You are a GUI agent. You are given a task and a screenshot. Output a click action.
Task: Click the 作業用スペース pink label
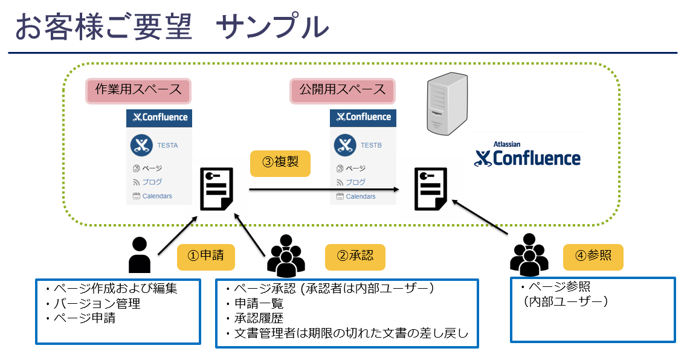pyautogui.click(x=138, y=91)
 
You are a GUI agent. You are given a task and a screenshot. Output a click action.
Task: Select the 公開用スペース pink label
pyautogui.click(x=343, y=91)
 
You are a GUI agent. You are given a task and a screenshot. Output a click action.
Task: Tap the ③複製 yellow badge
pyautogui.click(x=280, y=164)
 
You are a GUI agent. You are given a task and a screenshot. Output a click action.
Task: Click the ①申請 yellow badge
pyautogui.click(x=206, y=257)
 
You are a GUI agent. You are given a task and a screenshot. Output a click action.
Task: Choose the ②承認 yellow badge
pyautogui.click(x=355, y=257)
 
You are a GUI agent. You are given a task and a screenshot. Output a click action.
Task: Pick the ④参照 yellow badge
pyautogui.click(x=593, y=257)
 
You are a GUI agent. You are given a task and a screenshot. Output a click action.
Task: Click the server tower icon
pyautogui.click(x=447, y=103)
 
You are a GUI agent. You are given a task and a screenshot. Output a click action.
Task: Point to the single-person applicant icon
pyautogui.click(x=140, y=255)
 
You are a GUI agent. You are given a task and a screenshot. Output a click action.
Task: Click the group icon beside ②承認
pyautogui.click(x=286, y=256)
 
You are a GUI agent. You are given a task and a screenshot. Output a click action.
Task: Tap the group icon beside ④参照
pyautogui.click(x=529, y=254)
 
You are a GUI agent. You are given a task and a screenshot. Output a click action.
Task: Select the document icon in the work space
pyautogui.click(x=216, y=189)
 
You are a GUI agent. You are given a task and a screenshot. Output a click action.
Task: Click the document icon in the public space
pyautogui.click(x=431, y=189)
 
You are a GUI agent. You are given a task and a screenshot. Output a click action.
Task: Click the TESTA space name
pyautogui.click(x=167, y=145)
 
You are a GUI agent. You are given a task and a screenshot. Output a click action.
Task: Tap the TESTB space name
pyautogui.click(x=372, y=145)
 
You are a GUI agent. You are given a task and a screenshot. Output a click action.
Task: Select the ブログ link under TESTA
pyautogui.click(x=152, y=182)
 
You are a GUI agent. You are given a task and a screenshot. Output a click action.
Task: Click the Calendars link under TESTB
pyautogui.click(x=361, y=196)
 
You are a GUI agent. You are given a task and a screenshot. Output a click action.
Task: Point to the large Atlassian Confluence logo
pyautogui.click(x=527, y=155)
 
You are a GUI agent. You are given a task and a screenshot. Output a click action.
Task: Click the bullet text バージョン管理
pyautogui.click(x=97, y=303)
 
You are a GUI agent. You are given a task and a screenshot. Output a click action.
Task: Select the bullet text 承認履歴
pyautogui.click(x=259, y=318)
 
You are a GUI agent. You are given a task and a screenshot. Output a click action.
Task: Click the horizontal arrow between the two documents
pyautogui.click(x=324, y=189)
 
